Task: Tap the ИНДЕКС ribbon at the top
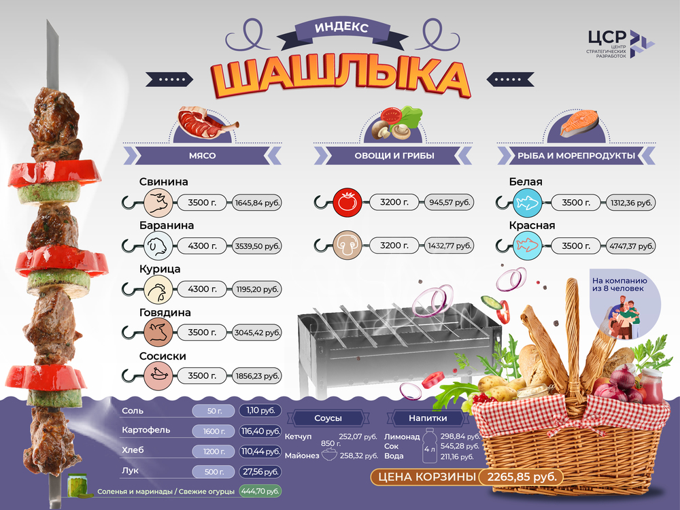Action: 341,29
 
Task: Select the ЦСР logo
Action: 620,44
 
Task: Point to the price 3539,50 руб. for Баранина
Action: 257,246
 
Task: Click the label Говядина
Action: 165,313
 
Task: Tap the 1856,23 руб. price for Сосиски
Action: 257,375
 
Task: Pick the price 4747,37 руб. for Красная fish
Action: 632,246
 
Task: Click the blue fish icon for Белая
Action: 526,203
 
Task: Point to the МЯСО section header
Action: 202,156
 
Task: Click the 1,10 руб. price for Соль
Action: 260,411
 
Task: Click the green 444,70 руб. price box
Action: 260,490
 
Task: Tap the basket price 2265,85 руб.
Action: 522,477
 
